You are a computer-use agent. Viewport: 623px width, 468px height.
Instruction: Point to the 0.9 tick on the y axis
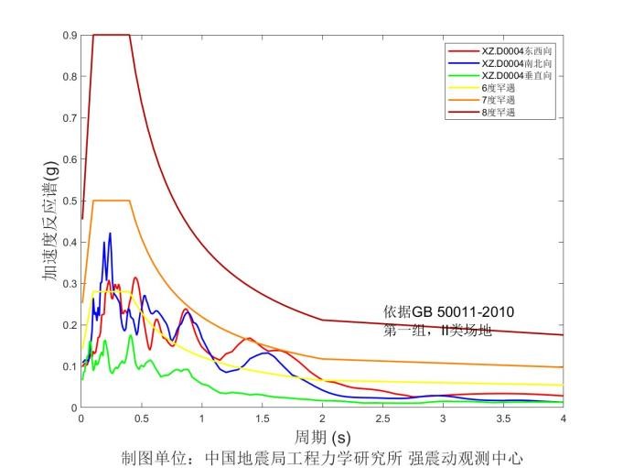coord(68,35)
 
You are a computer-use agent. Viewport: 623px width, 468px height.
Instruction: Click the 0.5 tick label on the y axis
coord(68,201)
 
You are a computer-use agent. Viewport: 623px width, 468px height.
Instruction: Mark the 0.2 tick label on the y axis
coord(68,325)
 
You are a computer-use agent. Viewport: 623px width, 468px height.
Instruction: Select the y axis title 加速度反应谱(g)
coord(49,222)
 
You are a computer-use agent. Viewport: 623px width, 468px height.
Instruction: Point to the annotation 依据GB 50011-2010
coord(448,312)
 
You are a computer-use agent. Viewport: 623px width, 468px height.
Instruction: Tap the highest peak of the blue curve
coord(110,234)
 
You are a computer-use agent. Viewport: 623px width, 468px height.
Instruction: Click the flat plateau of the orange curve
coord(112,200)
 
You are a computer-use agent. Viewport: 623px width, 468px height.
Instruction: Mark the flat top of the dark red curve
coord(112,35)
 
